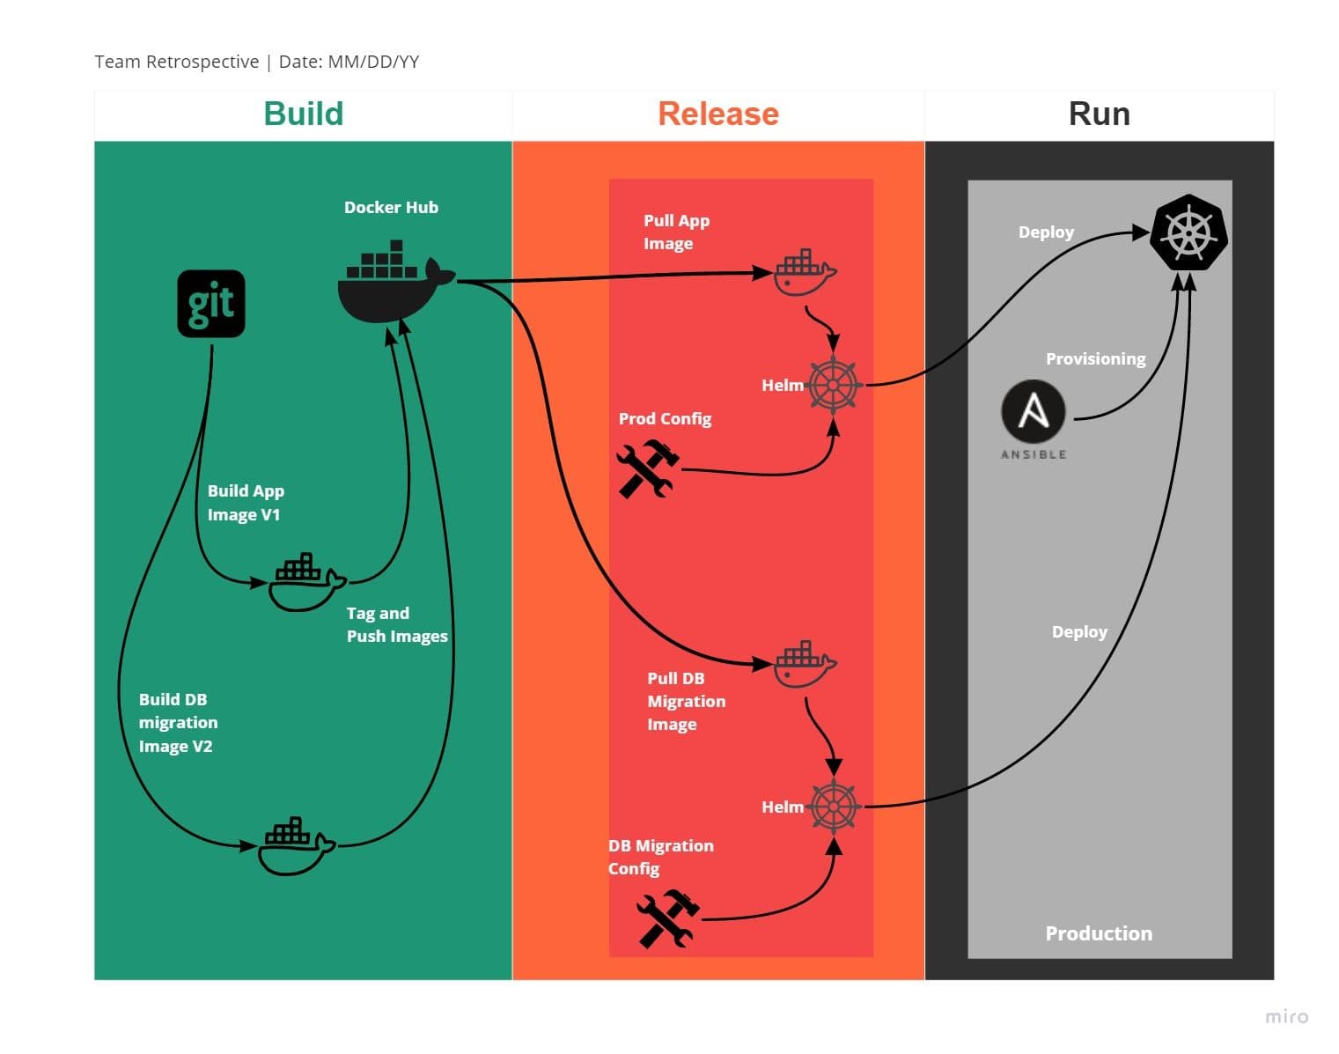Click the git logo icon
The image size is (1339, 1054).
click(211, 304)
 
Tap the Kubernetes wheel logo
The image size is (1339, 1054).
click(1188, 233)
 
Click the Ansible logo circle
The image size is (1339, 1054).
click(1034, 411)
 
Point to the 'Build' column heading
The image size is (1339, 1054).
click(304, 114)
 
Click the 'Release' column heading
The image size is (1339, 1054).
click(718, 114)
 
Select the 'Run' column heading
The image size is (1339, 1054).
click(1099, 114)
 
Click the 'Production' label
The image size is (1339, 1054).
click(1099, 933)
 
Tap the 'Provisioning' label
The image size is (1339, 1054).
click(1095, 358)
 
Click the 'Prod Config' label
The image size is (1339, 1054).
click(665, 418)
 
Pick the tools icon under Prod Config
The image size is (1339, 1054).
click(648, 468)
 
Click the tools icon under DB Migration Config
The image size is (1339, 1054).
click(668, 918)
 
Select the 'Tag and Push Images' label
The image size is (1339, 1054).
click(396, 624)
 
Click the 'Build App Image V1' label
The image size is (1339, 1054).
click(246, 503)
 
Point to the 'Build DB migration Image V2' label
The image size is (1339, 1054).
click(178, 723)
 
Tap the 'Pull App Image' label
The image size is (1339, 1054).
click(676, 232)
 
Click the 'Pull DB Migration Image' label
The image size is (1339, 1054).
click(686, 702)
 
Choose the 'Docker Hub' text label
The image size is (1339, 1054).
click(391, 208)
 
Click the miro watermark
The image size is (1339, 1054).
click(1286, 1016)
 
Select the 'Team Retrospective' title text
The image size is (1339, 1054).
click(176, 62)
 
